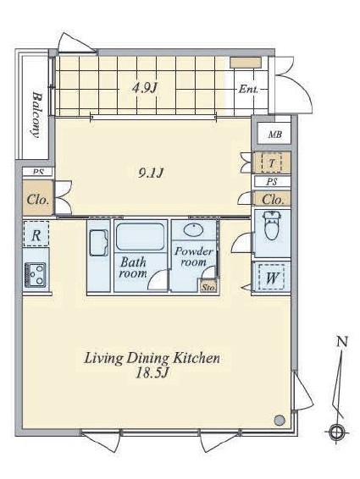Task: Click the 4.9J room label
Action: point(144,89)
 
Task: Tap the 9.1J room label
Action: point(151,173)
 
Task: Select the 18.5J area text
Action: point(152,373)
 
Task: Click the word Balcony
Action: point(36,115)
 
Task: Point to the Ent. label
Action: point(248,90)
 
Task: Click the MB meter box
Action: point(274,134)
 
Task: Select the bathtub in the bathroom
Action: point(140,237)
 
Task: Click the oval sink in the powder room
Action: point(193,229)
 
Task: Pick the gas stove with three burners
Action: point(36,275)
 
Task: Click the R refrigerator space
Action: point(36,234)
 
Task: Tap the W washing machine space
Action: point(271,278)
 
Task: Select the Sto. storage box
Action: point(209,286)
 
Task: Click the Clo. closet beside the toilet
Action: point(272,200)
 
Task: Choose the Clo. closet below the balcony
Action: point(38,198)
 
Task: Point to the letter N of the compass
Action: point(342,341)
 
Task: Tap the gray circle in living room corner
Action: point(280,420)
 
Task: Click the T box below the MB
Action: point(272,162)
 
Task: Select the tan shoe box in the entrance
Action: point(246,63)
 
